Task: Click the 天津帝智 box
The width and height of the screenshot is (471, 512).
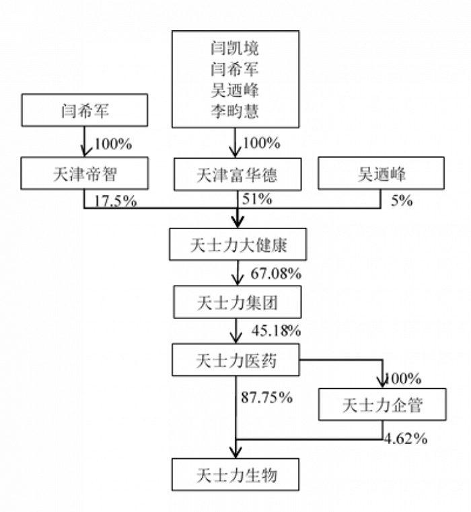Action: (85, 173)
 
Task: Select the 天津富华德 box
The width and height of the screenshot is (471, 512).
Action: (238, 175)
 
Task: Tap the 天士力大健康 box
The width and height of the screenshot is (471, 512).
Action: (238, 245)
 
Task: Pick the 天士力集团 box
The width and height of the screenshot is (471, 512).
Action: (237, 302)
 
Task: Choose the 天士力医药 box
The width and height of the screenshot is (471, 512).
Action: (235, 360)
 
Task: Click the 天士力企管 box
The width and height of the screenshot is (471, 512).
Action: (382, 404)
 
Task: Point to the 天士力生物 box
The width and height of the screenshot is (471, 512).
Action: (235, 474)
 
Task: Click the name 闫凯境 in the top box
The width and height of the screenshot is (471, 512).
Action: (235, 48)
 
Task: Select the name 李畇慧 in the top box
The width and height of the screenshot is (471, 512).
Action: (235, 111)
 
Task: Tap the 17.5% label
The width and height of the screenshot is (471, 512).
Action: (116, 201)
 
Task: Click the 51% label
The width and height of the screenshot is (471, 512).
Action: (257, 199)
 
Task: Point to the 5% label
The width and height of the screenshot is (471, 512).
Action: (402, 200)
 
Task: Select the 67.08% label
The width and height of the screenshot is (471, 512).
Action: (276, 273)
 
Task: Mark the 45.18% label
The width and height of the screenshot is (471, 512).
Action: (276, 331)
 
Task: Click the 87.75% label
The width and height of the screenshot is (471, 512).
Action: (266, 397)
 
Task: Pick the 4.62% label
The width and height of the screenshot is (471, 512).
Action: (406, 439)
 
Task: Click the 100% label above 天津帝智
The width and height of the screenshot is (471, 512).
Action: (113, 144)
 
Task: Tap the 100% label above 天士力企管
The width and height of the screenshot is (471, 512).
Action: (403, 379)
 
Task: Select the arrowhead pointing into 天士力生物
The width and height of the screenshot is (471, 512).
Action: (235, 453)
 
